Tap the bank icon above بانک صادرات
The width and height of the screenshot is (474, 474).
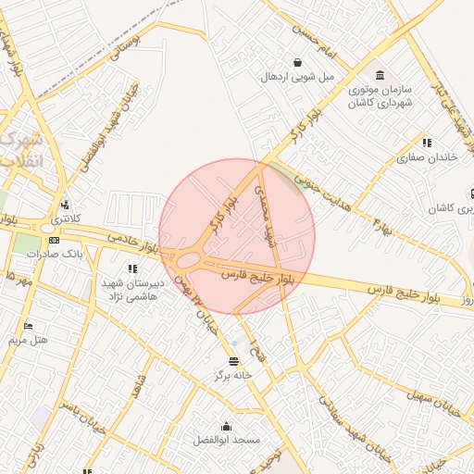point(54,240)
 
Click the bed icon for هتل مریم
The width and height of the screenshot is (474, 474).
point(28,327)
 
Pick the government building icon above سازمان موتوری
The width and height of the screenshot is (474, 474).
point(379,75)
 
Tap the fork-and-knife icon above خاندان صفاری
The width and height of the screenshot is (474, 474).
point(427,143)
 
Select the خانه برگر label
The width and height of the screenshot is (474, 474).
point(232,375)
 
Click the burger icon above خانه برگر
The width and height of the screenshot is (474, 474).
point(233,361)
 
